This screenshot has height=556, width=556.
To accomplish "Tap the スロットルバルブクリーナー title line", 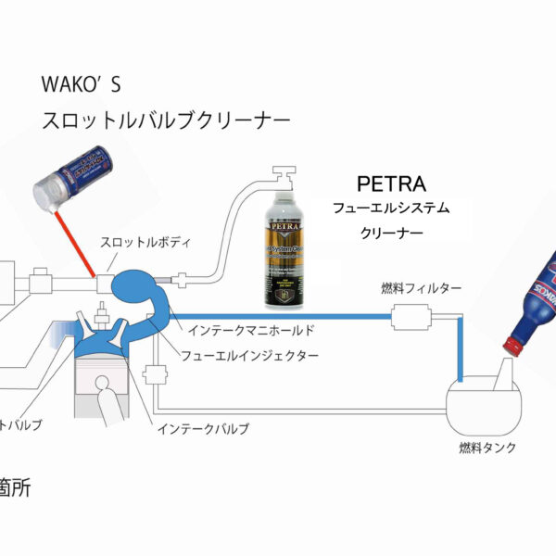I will pyautogui.click(x=165, y=120).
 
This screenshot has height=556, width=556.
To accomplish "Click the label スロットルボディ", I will pyautogui.click(x=146, y=243).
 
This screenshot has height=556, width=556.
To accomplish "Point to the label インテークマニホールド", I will pyautogui.click(x=251, y=329).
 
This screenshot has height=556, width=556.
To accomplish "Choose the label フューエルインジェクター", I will pyautogui.click(x=249, y=356).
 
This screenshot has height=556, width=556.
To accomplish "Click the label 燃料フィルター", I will pyautogui.click(x=421, y=289).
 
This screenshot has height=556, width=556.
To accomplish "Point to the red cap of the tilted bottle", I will pyautogui.click(x=511, y=346).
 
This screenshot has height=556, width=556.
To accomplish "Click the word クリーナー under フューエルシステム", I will pyautogui.click(x=390, y=234).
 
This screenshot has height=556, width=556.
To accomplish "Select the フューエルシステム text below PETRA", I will pyautogui.click(x=393, y=208).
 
